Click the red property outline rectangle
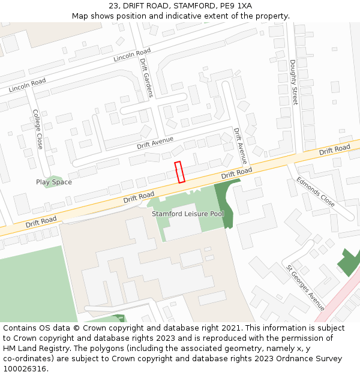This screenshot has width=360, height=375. [x=179, y=172]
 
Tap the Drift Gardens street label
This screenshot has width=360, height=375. [x=146, y=77]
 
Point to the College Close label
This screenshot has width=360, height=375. [x=38, y=129]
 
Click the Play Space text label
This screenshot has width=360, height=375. [x=53, y=182]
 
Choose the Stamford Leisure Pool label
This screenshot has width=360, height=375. [x=187, y=214]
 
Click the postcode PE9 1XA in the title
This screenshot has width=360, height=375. [x=236, y=6]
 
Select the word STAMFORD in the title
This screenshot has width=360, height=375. [x=191, y=6]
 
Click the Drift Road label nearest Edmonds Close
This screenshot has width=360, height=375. [x=334, y=149]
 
